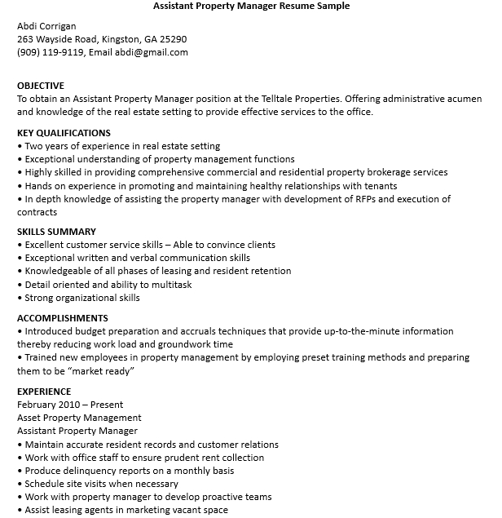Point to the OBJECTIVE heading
click(x=41, y=86)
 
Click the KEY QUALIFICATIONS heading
click(x=64, y=133)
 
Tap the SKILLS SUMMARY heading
click(x=56, y=232)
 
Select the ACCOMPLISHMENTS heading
click(x=63, y=318)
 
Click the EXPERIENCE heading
click(x=44, y=392)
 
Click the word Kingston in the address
click(x=122, y=39)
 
